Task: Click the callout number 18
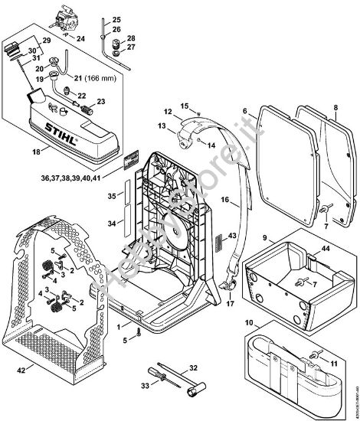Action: tap(35, 152)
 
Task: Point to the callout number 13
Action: tap(162, 125)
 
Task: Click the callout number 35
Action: tap(111, 197)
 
